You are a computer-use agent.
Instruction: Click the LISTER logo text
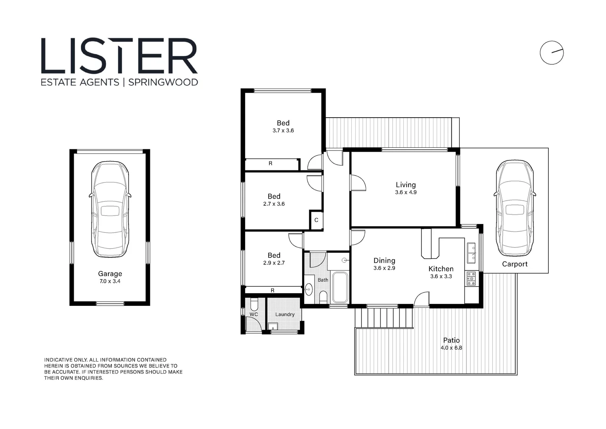pyautogui.click(x=119, y=56)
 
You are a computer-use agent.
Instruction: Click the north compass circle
pyautogui.click(x=551, y=52)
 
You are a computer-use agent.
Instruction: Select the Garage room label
pyautogui.click(x=110, y=274)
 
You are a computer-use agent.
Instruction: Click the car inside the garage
pyautogui.click(x=110, y=209)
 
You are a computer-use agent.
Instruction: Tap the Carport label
pyautogui.click(x=514, y=264)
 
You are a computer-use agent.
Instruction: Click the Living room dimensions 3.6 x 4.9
pyautogui.click(x=405, y=192)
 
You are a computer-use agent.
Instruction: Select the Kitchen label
pyautogui.click(x=441, y=269)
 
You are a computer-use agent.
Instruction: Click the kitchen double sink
pyautogui.click(x=471, y=253)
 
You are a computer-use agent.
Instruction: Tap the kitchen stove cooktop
pyautogui.click(x=471, y=278)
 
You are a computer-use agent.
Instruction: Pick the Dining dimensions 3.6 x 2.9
pyautogui.click(x=384, y=268)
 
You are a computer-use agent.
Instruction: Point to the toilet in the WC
pyautogui.click(x=254, y=304)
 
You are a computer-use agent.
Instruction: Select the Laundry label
pyautogui.click(x=285, y=315)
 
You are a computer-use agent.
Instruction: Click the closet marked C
pyautogui.click(x=316, y=220)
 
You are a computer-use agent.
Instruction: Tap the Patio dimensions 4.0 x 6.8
pyautogui.click(x=451, y=348)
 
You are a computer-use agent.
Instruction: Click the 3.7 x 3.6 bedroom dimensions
pyautogui.click(x=283, y=131)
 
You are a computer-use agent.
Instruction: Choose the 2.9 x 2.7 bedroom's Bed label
pyautogui.click(x=274, y=255)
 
